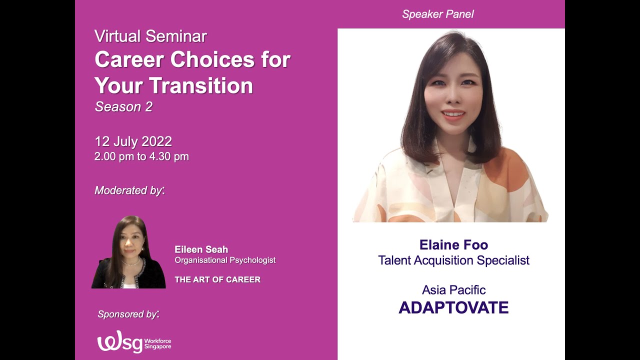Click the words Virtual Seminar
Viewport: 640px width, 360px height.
150,36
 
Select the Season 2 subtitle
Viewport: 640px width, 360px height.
123,106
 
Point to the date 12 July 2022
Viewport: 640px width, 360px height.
133,141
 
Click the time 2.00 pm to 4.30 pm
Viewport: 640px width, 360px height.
141,156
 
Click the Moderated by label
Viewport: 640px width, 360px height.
129,190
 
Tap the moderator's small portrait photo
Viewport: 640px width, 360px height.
128,252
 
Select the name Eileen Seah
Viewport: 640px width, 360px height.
201,249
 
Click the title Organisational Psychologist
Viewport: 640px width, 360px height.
225,260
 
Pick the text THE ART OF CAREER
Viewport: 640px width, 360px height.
217,279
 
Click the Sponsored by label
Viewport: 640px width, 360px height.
128,314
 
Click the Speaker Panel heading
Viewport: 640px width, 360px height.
437,14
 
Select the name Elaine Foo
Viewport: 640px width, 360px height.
453,245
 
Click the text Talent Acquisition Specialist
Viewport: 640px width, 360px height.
453,260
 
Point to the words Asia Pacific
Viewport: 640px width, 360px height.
453,290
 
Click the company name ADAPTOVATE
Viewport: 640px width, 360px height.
453,307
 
